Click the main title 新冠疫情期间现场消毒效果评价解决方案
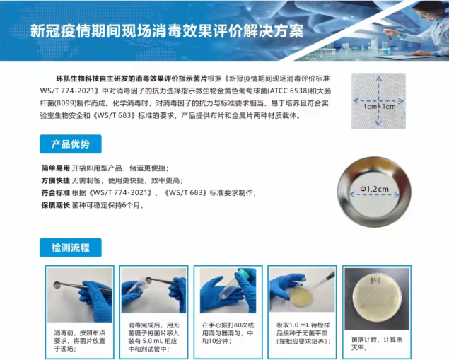pos(167,32)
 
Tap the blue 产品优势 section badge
pos(70,144)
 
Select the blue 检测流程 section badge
pos(70,248)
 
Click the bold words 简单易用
pos(56,168)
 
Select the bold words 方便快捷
pos(56,180)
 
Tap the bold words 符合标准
pos(56,192)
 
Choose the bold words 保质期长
pos(56,205)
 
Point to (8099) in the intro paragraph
pos(74,103)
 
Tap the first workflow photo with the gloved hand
pos(78,290)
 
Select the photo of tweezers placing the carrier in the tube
pos(153,290)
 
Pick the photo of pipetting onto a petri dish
pos(302,290)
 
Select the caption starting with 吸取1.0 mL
pos(302,331)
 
